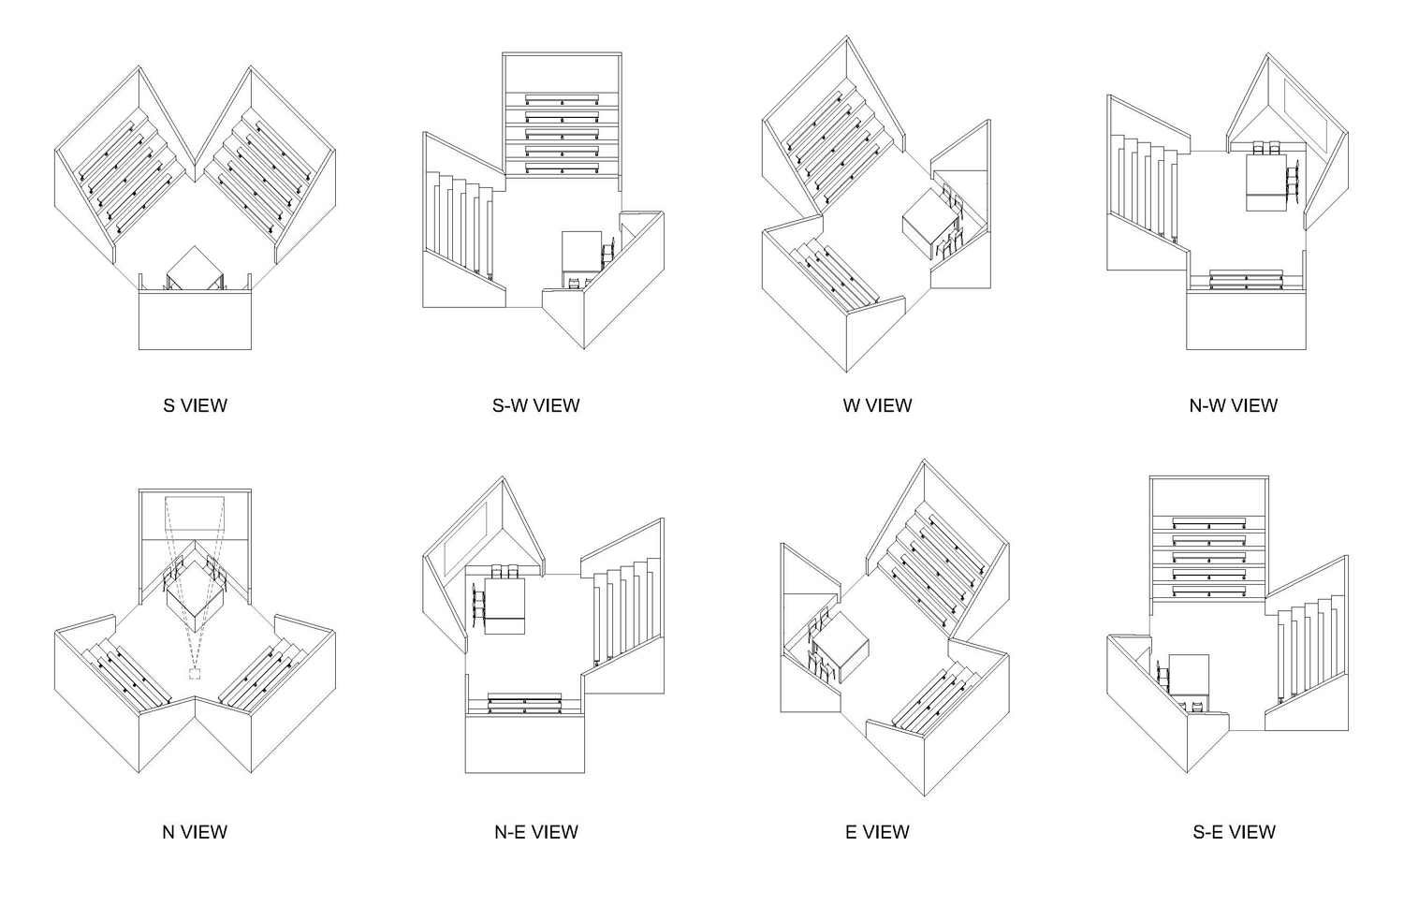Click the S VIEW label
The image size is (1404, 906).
coord(195,405)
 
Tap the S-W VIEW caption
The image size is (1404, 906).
coord(535,405)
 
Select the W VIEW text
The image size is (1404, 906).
coord(877,405)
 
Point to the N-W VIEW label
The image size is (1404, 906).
coord(1233,405)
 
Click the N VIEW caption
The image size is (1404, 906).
coord(195,831)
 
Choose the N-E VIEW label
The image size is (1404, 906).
coord(535,831)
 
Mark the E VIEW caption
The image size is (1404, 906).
coord(877,831)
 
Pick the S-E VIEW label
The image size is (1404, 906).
coord(1233,831)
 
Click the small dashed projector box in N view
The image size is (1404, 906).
coord(196,673)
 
